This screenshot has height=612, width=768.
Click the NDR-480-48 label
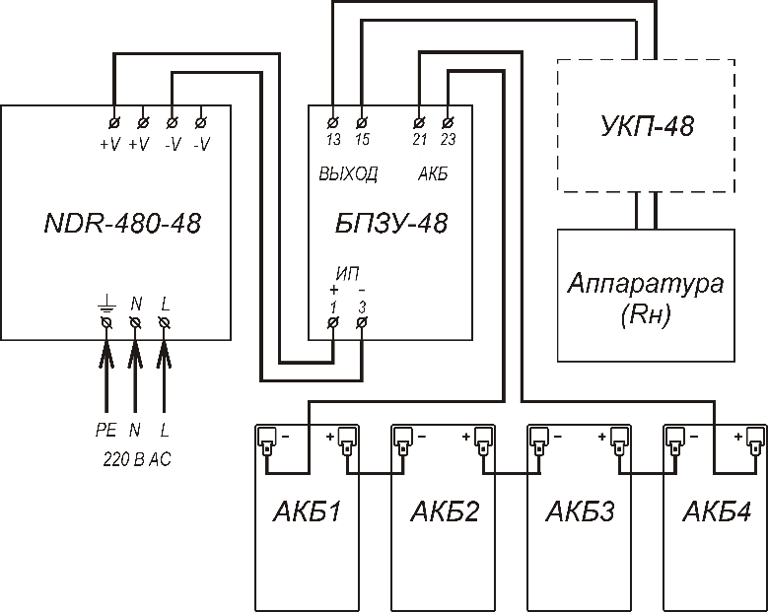[x=122, y=223]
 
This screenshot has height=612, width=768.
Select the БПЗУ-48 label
[x=391, y=223]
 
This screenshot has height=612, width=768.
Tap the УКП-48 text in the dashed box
[x=648, y=126]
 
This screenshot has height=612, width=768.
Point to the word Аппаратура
[x=646, y=284]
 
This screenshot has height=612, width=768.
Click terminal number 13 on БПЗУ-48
[x=333, y=140]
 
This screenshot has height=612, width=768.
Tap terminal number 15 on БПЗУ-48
[x=362, y=140]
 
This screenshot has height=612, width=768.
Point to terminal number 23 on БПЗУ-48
[x=450, y=140]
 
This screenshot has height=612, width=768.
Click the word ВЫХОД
[x=347, y=174]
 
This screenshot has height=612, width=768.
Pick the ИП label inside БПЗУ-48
[x=348, y=272]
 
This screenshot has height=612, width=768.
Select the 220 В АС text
[x=137, y=458]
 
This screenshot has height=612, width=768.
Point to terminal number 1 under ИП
[x=333, y=306]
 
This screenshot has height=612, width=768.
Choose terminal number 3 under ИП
[x=363, y=306]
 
